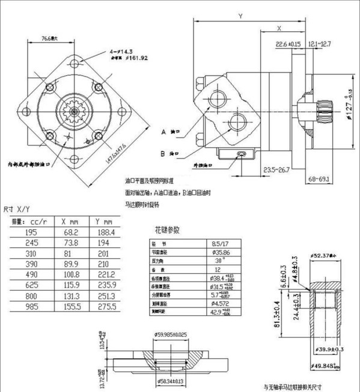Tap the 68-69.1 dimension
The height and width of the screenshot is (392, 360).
[x=319, y=178]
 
